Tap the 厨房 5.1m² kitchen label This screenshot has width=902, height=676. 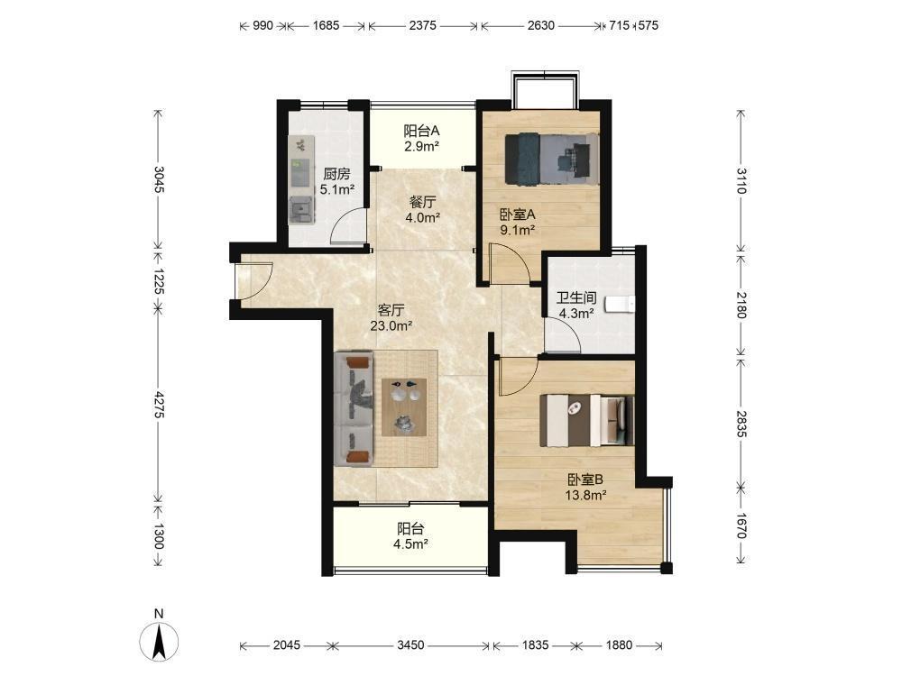coord(336,181)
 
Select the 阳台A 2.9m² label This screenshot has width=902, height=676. coord(421,138)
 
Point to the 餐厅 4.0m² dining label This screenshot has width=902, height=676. coord(422,210)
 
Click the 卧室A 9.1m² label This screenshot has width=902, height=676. coord(517,223)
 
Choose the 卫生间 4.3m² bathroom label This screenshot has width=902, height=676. coord(575,306)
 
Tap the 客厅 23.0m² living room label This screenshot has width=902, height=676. coord(391,318)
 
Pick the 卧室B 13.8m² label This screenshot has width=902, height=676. coord(585,487)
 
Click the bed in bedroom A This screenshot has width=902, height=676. coord(552,160)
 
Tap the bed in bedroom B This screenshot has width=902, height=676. coord(586,420)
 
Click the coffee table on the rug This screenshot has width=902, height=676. coord(404,407)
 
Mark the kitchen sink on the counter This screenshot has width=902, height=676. coord(301,209)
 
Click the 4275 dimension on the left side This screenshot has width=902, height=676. coord(159,405)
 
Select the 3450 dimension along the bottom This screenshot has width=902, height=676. coord(410,645)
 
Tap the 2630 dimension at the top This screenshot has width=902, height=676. coord(540,25)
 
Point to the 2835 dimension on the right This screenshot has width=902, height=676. coord(741,424)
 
